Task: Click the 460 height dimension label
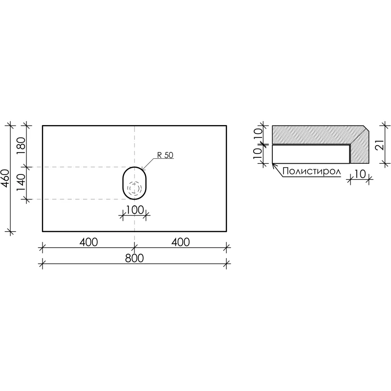[5, 178]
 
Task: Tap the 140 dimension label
[22, 183]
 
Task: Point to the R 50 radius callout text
[165, 155]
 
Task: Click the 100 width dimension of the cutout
[135, 210]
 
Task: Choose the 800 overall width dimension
[134, 258]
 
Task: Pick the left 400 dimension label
[88, 242]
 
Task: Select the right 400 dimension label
[180, 242]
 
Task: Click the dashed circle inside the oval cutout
[134, 188]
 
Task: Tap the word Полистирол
[312, 172]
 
